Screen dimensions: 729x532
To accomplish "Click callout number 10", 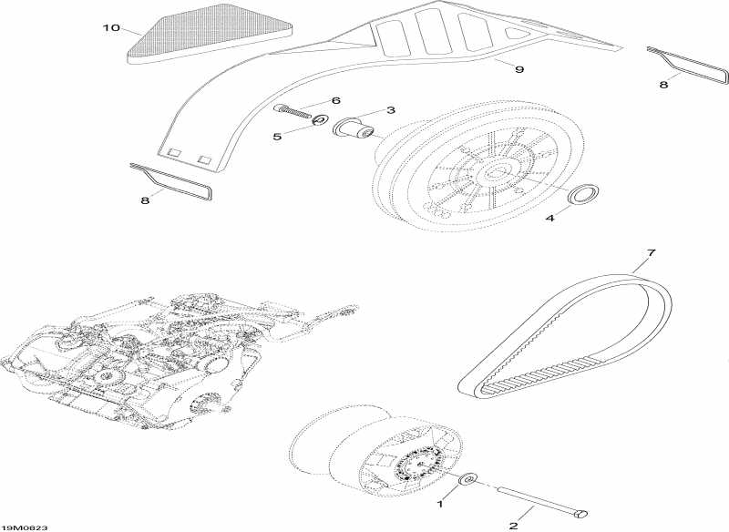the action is [x=111, y=28].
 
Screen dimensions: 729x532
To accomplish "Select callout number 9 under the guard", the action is [x=519, y=70].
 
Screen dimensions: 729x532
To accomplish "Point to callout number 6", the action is [x=335, y=101].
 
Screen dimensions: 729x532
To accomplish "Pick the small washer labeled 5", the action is [x=320, y=120].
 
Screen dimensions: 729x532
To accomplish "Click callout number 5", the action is [x=277, y=137].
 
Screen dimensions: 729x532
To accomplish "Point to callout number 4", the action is [x=550, y=217].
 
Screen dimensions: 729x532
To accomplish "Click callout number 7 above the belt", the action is [x=651, y=252].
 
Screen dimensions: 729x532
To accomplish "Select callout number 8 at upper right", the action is [x=663, y=85].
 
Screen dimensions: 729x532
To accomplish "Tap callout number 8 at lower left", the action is [x=145, y=200].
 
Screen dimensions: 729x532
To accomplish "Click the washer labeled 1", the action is [x=467, y=478].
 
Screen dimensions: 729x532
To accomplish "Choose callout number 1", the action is [x=441, y=503].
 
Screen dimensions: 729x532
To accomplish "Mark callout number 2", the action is [x=514, y=526].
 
